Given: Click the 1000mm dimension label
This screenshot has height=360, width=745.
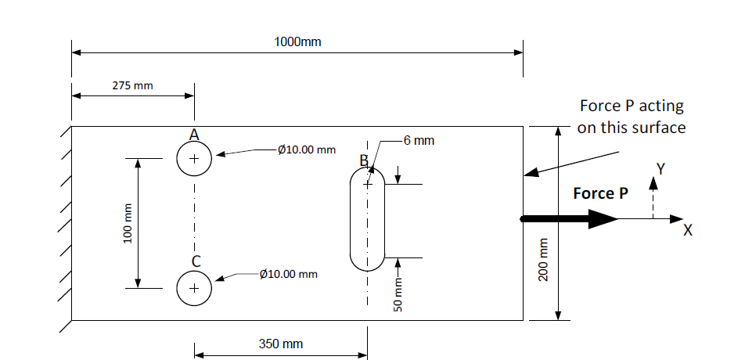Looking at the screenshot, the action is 297,41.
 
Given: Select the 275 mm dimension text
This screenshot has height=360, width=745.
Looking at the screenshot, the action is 132,85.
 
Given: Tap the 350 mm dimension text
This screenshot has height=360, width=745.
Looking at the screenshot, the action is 280,344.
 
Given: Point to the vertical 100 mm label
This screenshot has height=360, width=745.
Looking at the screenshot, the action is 128,223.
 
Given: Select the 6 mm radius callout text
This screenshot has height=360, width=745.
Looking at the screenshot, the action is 419,141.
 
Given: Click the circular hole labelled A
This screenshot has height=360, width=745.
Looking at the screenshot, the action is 194,159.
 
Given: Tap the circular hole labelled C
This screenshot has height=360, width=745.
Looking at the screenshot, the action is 194,288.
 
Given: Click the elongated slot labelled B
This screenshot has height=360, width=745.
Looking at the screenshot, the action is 367,219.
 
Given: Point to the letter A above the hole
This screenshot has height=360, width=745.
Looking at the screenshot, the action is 194,135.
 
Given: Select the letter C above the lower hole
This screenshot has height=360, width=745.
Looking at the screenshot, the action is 196,261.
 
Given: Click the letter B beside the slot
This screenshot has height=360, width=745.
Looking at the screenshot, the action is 364,161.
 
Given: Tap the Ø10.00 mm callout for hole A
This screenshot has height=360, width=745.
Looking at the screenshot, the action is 307,149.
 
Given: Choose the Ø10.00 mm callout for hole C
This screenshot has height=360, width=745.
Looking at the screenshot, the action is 289,274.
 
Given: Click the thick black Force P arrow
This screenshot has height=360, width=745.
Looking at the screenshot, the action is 569,219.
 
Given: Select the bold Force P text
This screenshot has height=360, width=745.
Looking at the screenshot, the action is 600,193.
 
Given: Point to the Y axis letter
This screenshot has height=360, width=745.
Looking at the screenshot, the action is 660,168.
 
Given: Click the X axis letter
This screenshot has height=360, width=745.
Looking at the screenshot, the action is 688,230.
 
